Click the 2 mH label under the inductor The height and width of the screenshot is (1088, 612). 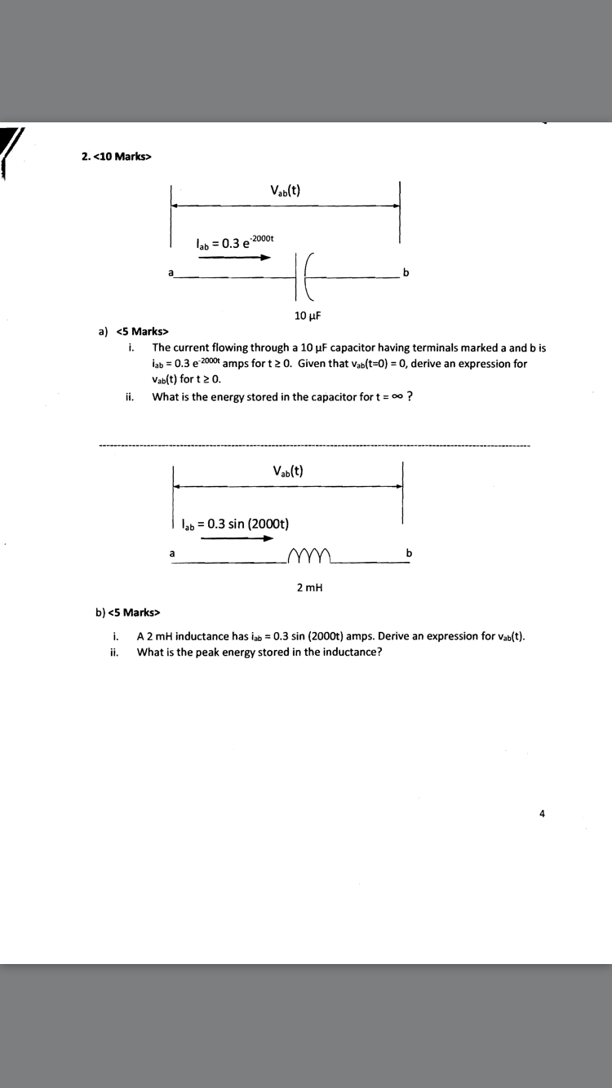point(309,587)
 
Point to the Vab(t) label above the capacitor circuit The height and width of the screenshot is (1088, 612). point(286,191)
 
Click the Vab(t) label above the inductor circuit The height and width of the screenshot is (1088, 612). point(288,471)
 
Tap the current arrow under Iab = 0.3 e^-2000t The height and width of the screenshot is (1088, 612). point(234,258)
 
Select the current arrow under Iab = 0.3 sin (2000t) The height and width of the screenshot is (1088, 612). point(237,538)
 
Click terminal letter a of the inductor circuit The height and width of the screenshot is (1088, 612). point(172,554)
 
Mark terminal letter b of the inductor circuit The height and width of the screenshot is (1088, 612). point(409,554)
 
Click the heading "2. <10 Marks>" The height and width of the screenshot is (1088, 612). point(117,157)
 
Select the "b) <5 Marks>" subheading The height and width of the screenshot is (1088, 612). point(128,612)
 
